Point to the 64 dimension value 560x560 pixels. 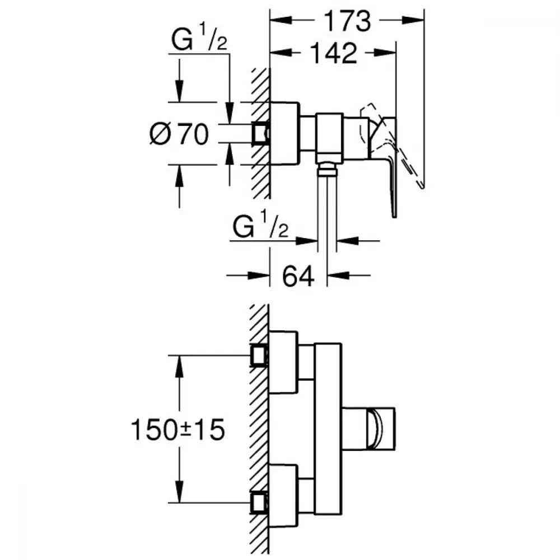[297, 276]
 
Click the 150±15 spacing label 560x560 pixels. [178, 430]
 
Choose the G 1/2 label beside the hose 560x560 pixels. [260, 228]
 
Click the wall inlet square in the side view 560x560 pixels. [261, 133]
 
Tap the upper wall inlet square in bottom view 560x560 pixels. [259, 355]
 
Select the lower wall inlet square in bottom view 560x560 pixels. [259, 502]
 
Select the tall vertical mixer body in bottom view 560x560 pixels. [328, 428]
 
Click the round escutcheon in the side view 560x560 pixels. [284, 134]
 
